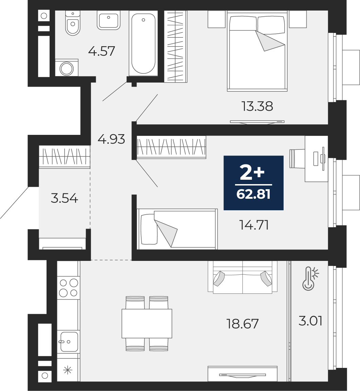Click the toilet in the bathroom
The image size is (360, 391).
click(73, 23)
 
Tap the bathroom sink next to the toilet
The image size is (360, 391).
click(108, 20)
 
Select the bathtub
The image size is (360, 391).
click(143, 43)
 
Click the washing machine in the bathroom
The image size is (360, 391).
click(67, 68)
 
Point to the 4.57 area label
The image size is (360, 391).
click(102, 51)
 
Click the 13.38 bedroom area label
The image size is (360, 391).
click(257, 106)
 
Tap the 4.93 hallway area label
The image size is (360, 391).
click(111, 139)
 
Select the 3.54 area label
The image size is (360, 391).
click(64, 198)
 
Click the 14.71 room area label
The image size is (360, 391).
click(254, 225)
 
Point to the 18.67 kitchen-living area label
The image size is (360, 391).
click(242, 324)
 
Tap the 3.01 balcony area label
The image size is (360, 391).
click(310, 321)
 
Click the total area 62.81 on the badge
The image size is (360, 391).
click(254, 194)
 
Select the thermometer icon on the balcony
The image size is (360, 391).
click(310, 279)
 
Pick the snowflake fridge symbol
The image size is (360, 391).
click(68, 370)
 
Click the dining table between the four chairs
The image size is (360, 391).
click(147, 323)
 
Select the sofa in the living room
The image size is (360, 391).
click(242, 277)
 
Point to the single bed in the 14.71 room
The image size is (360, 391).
click(177, 229)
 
